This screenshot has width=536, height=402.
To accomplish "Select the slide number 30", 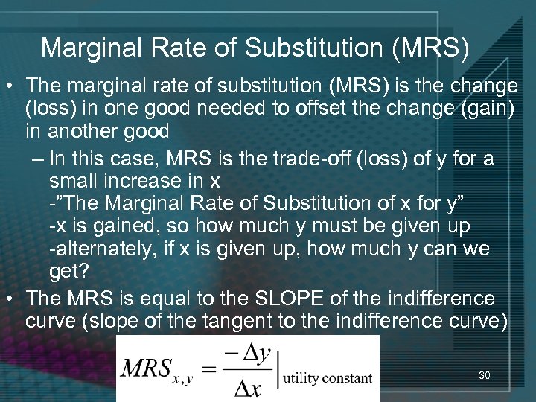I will tap(485, 376).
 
